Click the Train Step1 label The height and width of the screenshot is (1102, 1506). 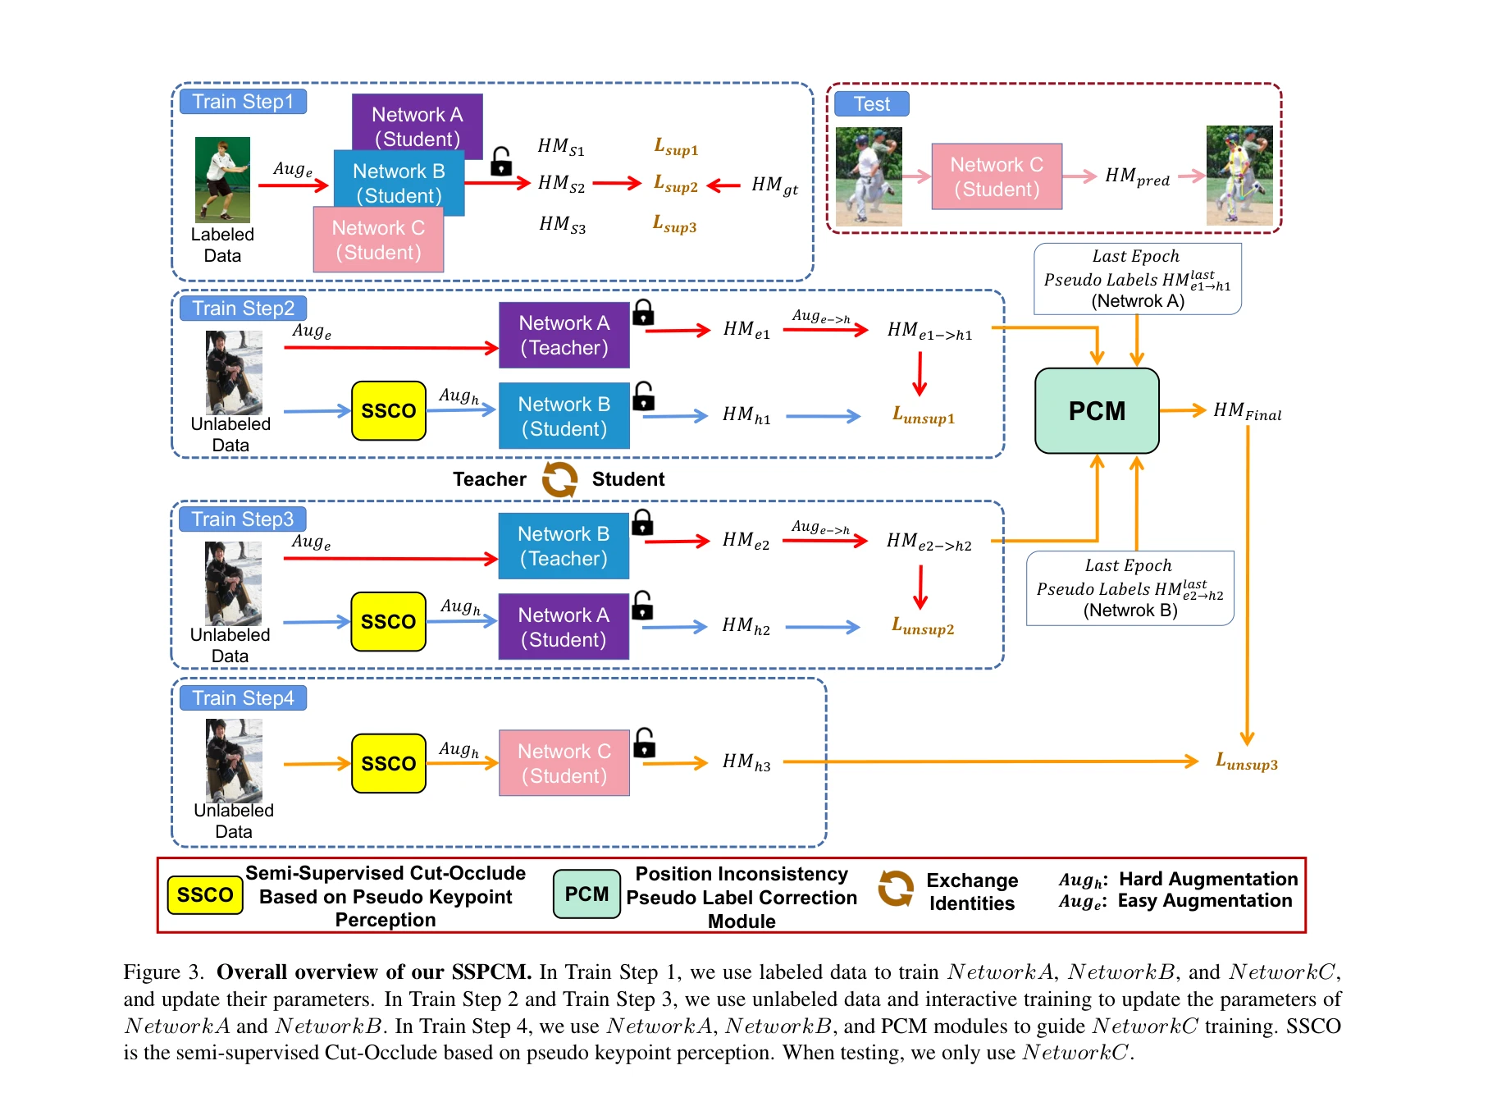pos(243,102)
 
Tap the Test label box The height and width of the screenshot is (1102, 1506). pos(871,104)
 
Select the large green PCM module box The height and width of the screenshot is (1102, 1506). pos(1097,411)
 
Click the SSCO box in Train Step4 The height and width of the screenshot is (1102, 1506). pos(388,764)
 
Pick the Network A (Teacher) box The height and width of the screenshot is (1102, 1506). pos(564,336)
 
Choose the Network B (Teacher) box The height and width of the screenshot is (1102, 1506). pos(564,546)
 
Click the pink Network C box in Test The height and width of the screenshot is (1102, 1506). pos(997,177)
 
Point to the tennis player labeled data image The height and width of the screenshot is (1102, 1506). pos(222,180)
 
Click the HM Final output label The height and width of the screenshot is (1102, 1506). pos(1247,411)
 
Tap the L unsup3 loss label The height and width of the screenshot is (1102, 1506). pos(1246,762)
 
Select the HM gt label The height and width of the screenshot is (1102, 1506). pos(774,185)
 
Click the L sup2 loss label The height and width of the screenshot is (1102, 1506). pos(675,185)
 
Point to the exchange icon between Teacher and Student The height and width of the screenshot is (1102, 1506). pos(559,479)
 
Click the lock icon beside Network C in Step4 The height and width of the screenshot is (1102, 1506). pos(645,743)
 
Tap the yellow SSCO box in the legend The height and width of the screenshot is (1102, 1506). pos(205,895)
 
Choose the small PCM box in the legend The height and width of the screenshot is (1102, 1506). pos(586,894)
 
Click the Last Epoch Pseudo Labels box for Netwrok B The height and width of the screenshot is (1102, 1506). pos(1129,588)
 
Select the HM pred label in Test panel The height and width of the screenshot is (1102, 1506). pos(1136,177)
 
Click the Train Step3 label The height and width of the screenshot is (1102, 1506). pos(243,519)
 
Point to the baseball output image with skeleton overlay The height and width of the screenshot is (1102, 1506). pos(1239,176)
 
